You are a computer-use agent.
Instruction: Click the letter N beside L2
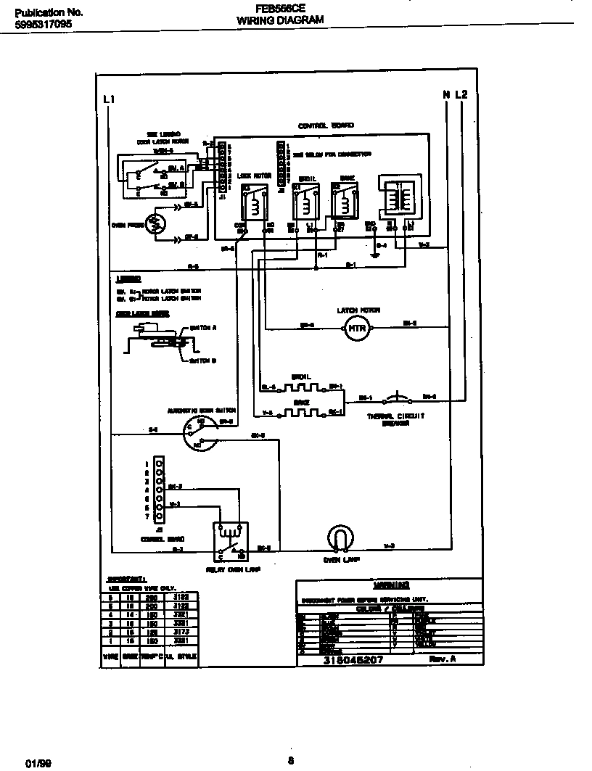(x=447, y=94)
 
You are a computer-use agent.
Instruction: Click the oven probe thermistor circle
(x=156, y=224)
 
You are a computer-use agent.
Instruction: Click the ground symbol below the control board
(x=374, y=255)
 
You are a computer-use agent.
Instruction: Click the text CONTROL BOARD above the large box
(x=326, y=125)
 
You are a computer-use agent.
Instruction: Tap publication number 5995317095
(x=43, y=25)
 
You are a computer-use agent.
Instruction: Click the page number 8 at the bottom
(x=290, y=760)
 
